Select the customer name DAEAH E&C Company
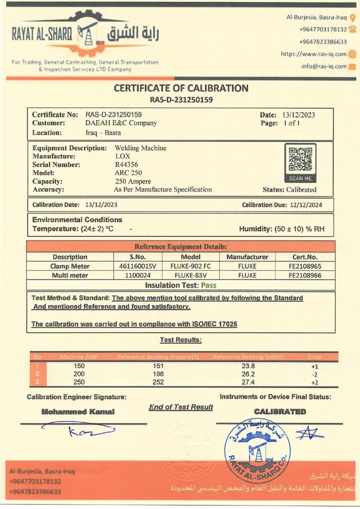pyautogui.click(x=121, y=123)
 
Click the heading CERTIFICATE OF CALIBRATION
pyautogui.click(x=181, y=88)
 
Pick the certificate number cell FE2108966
pyautogui.click(x=305, y=275)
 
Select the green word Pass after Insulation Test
pyautogui.click(x=208, y=285)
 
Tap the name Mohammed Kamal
pyautogui.click(x=78, y=412)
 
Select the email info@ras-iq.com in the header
pyautogui.click(x=324, y=66)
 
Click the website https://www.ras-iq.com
pyautogui.click(x=314, y=54)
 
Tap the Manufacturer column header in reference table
pyautogui.click(x=247, y=257)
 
